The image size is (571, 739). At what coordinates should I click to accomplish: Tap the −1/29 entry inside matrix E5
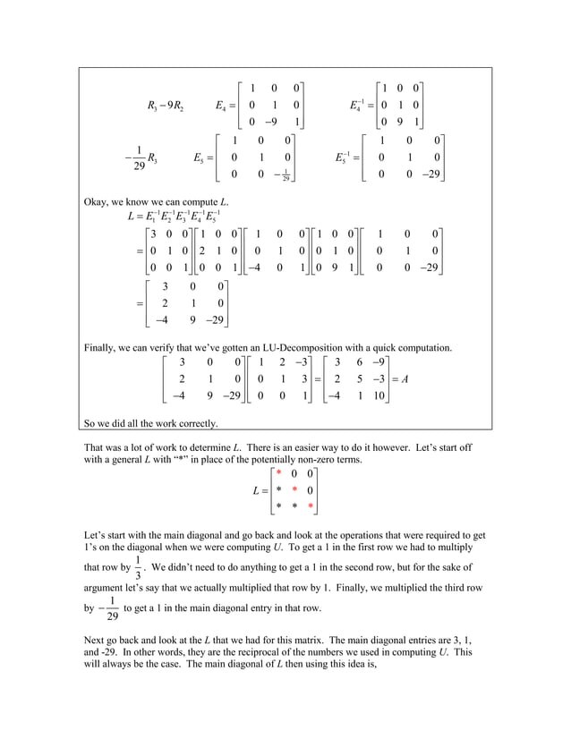(285, 174)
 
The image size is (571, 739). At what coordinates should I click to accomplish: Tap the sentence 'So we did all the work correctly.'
(150, 423)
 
